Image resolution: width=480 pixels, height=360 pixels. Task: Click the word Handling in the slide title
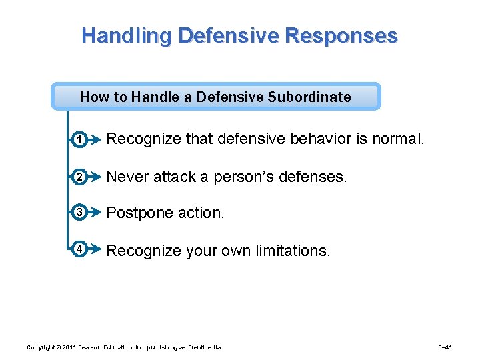[117, 36]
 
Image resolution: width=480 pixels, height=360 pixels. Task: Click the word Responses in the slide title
[341, 35]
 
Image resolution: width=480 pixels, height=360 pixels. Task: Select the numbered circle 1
[79, 140]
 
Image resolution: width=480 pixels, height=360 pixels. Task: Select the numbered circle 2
[79, 177]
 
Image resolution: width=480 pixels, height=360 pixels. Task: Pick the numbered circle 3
[79, 213]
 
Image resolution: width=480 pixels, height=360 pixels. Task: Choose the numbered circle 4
[79, 250]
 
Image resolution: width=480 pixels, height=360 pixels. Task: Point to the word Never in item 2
[128, 177]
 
